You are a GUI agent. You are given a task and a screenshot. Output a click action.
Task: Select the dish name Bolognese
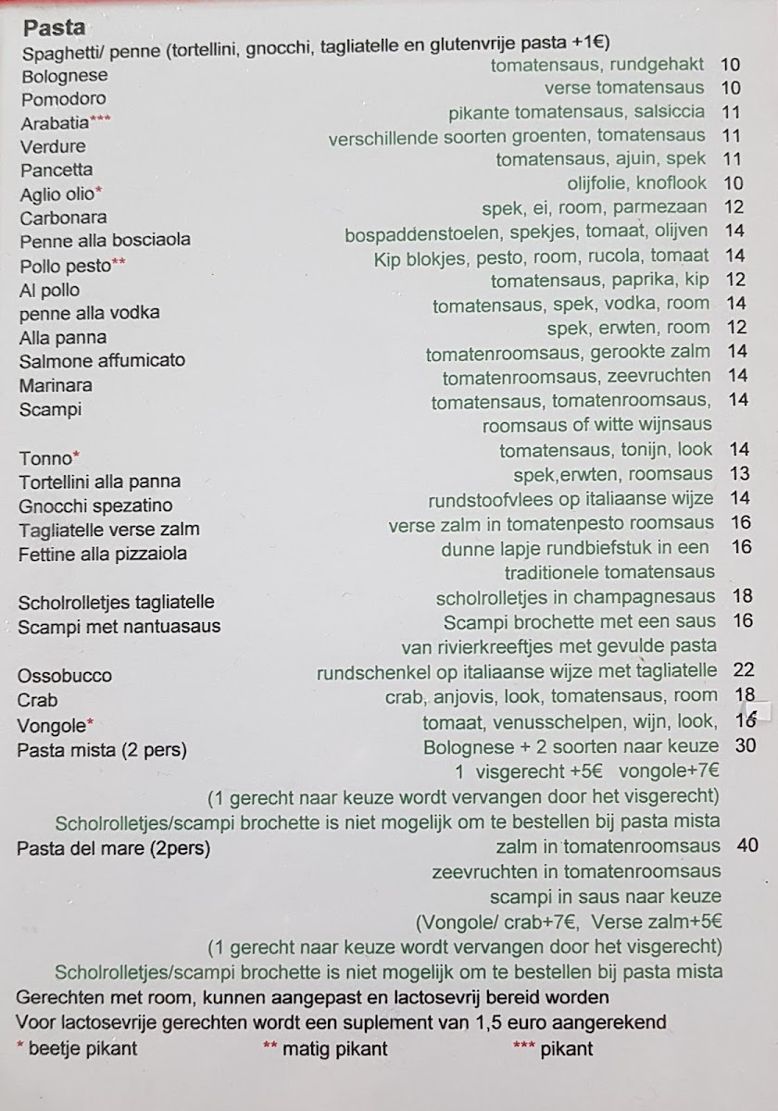64,76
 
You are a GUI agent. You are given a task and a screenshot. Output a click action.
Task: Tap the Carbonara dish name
63,218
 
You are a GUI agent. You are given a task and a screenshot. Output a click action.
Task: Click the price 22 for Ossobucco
743,670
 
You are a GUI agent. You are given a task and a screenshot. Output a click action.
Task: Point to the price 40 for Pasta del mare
746,845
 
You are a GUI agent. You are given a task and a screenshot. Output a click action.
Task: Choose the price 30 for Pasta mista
746,746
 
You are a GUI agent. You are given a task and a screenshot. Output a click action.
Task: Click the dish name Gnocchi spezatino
94,506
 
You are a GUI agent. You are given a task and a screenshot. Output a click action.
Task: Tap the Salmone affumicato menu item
101,360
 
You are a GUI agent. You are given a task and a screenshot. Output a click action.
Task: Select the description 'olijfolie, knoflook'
636,183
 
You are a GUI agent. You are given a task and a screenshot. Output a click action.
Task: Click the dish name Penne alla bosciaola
105,240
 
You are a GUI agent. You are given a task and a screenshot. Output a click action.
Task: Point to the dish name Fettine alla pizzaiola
102,555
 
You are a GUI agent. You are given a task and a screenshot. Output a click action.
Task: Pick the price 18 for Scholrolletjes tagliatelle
743,597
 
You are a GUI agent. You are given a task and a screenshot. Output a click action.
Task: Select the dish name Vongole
51,725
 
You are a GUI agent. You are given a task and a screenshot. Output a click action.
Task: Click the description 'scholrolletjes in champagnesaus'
575,598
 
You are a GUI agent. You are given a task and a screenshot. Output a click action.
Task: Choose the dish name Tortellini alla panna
99,481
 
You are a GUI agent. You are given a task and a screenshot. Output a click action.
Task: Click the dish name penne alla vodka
89,313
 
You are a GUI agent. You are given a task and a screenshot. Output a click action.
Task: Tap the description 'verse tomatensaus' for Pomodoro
624,88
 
